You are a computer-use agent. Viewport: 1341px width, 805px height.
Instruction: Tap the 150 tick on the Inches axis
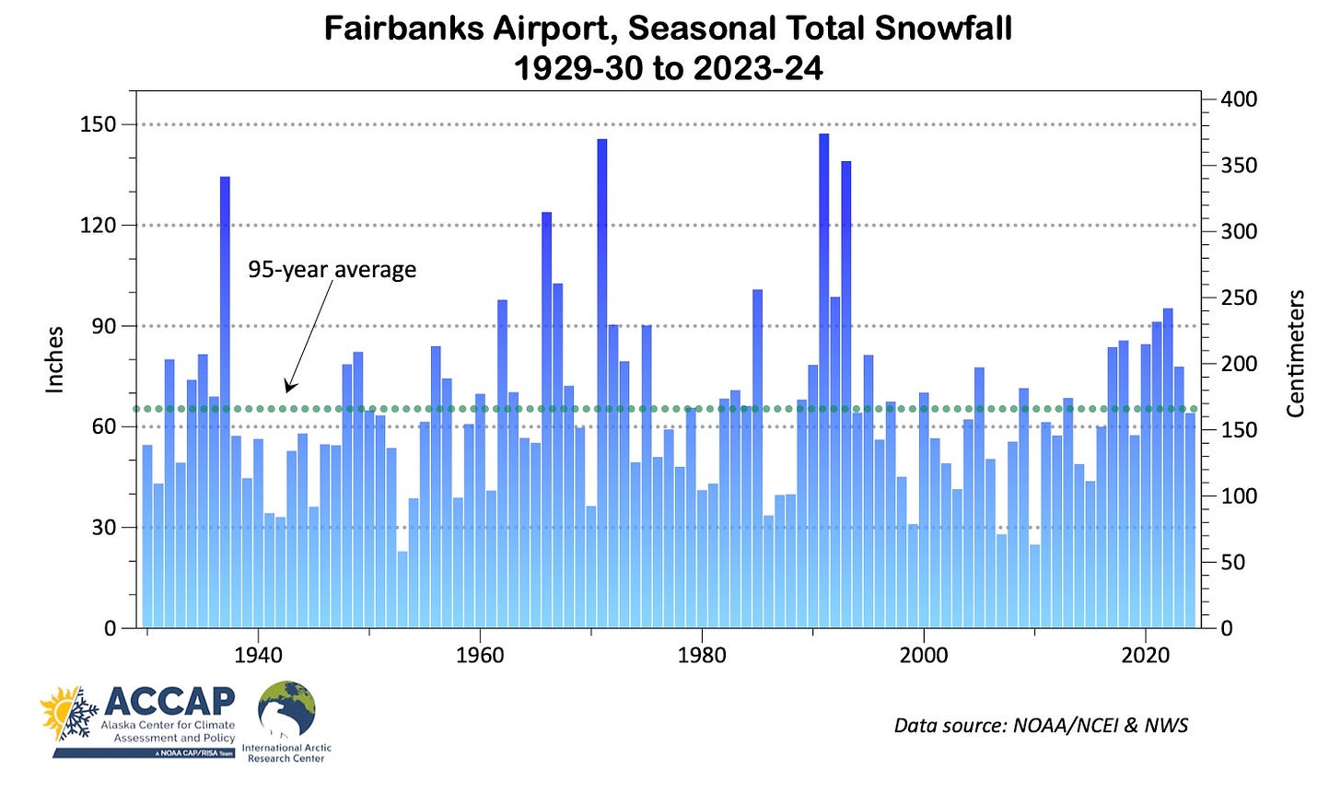pos(98,124)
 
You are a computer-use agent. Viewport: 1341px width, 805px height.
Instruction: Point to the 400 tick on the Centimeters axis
pos(1239,99)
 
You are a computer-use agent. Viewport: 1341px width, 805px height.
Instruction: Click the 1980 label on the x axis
pos(702,655)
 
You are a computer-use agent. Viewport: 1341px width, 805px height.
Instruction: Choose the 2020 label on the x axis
pos(1145,655)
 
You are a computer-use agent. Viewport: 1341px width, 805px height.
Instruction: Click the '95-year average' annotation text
pos(332,270)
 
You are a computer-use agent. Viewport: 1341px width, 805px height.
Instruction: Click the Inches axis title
pos(55,360)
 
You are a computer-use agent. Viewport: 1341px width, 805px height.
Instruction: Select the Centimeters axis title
pos(1295,354)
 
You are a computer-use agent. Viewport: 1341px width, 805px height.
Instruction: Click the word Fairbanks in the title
pos(404,29)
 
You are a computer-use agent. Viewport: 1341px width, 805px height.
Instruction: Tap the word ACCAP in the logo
pos(169,702)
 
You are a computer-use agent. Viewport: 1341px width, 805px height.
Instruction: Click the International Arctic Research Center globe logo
pos(286,710)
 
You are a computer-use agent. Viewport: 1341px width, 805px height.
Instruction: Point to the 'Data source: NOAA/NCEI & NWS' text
pos(1041,726)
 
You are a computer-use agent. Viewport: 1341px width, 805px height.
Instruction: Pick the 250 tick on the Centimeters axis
pos(1239,297)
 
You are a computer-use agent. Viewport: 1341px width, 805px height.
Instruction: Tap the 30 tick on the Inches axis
pos(104,528)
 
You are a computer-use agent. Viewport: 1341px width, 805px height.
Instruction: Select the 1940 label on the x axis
pos(258,655)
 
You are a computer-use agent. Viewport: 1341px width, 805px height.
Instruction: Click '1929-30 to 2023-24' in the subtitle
pos(668,69)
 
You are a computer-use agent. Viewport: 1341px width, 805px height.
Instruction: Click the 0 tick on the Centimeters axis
pos(1226,628)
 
